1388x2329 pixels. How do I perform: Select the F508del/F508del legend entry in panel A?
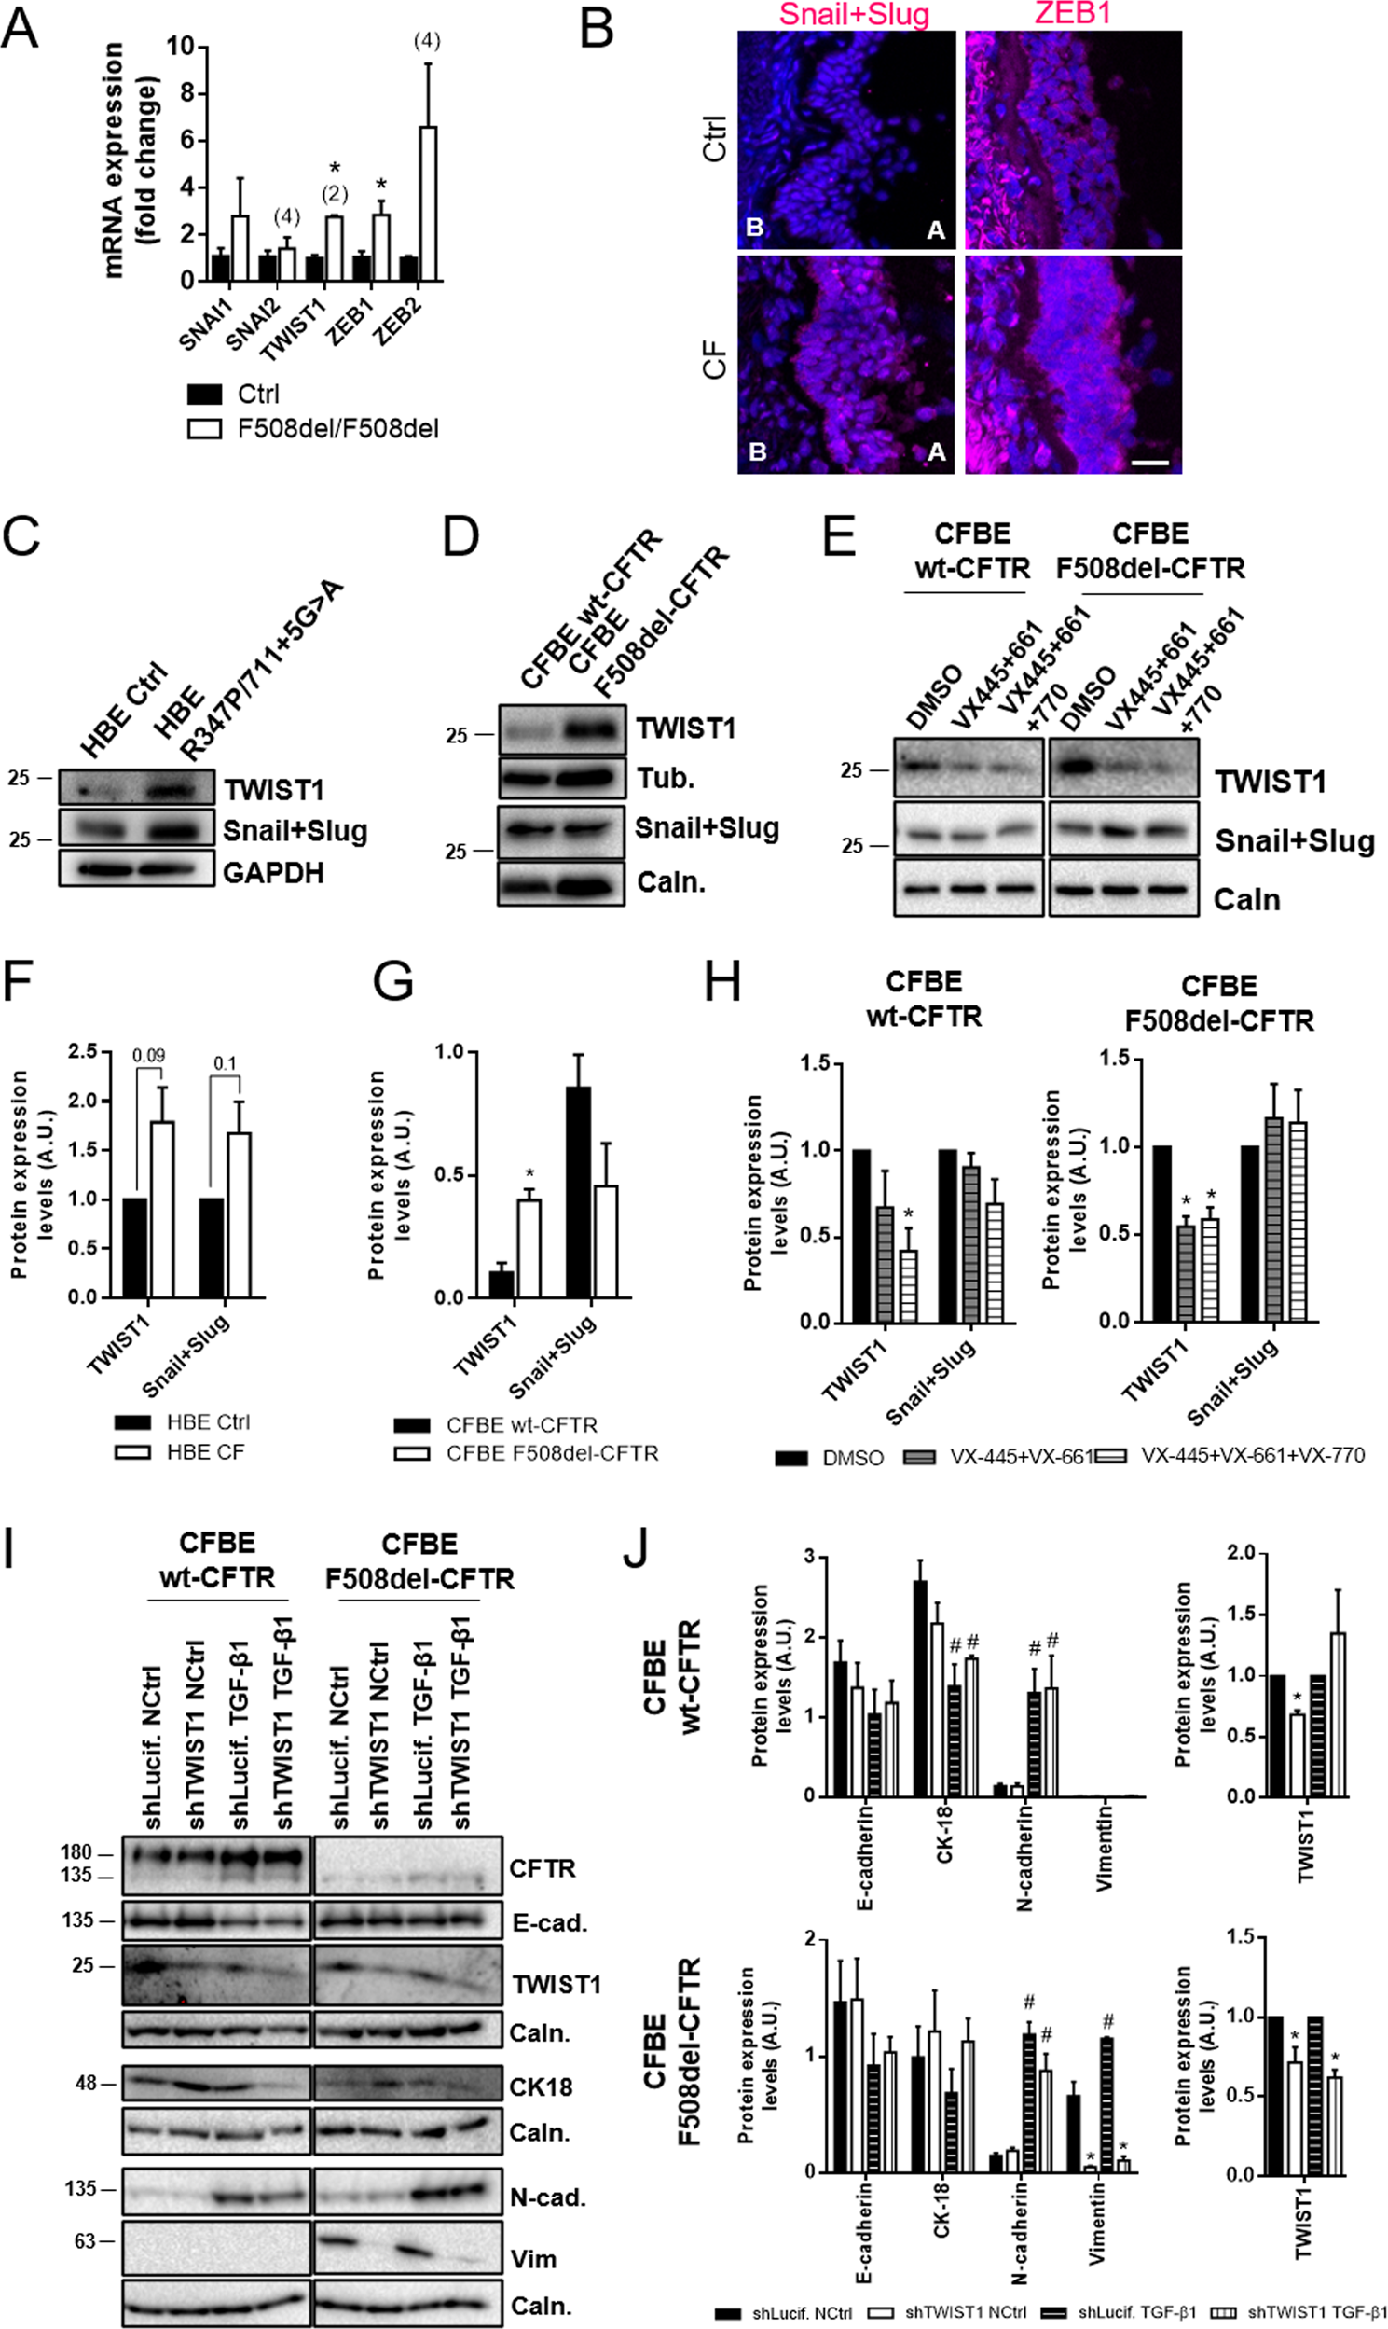337,428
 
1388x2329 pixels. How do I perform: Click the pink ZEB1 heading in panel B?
1075,15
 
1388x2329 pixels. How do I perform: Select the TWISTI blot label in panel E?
1270,781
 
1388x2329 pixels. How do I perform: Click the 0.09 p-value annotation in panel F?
149,1056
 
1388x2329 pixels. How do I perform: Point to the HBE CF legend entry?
206,1452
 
